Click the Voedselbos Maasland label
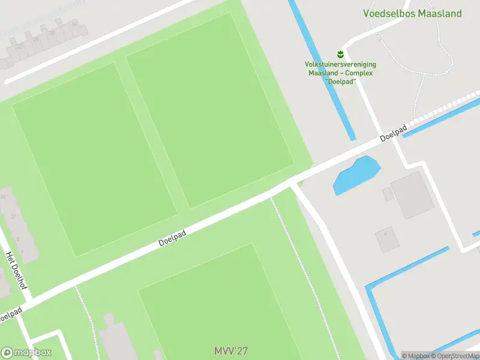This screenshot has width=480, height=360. click(x=412, y=13)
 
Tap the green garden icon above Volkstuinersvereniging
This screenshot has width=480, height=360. click(x=340, y=55)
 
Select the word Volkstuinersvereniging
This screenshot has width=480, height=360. click(x=340, y=64)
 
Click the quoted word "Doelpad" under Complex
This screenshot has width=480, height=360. click(x=340, y=81)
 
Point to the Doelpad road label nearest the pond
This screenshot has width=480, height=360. click(x=394, y=133)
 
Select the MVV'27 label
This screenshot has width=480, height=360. click(x=231, y=350)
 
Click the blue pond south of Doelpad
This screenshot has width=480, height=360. click(x=356, y=175)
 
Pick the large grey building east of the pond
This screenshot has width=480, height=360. click(x=412, y=196)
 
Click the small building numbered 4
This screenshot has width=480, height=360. click(x=387, y=239)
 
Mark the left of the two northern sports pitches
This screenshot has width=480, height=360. click(x=94, y=159)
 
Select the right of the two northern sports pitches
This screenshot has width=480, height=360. click(x=209, y=110)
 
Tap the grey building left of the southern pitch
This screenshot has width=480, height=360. click(x=114, y=339)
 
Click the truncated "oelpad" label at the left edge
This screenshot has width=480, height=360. click(x=11, y=314)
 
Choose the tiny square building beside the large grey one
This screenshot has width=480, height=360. click(x=388, y=194)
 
